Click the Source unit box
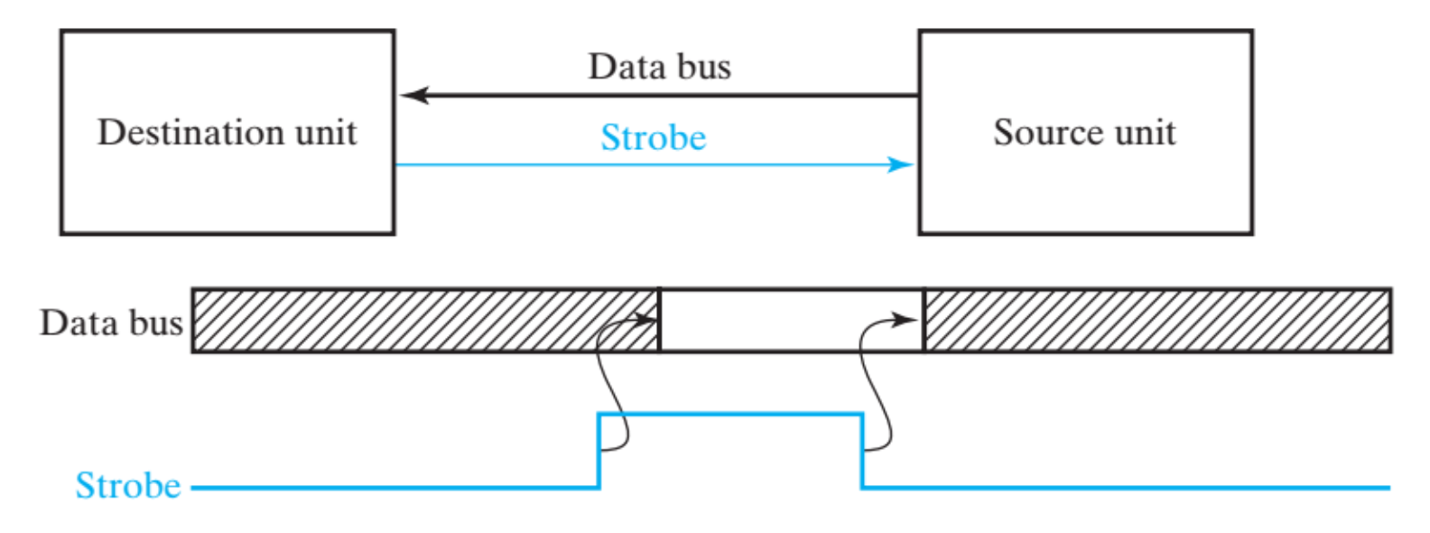(1085, 194)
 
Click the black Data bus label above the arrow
(659, 67)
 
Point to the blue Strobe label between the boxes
(654, 137)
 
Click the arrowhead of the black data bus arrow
(413, 95)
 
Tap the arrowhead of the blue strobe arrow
(901, 164)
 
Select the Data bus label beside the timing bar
(111, 323)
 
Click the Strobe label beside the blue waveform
(128, 485)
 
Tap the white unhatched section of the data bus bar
(792, 321)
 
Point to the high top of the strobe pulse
(730, 414)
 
